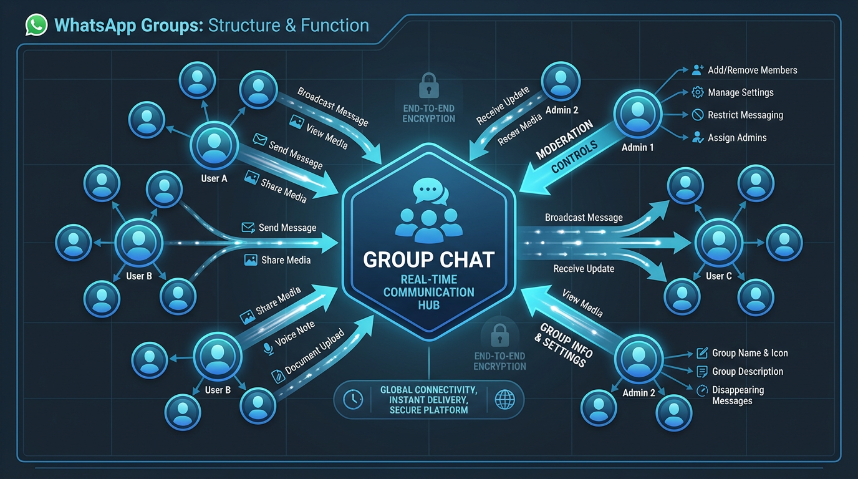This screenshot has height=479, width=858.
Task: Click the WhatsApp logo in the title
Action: (x=37, y=26)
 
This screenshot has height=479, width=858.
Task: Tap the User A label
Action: (x=214, y=178)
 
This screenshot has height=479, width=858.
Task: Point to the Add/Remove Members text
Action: (x=752, y=70)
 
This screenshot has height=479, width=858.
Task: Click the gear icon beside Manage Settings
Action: (x=698, y=92)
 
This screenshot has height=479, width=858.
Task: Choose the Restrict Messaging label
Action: (x=745, y=115)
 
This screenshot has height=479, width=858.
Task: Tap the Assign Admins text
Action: (x=737, y=137)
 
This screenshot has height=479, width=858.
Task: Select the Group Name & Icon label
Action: (x=750, y=353)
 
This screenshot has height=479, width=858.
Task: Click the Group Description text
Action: (x=748, y=371)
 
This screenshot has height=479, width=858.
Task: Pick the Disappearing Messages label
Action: (x=737, y=395)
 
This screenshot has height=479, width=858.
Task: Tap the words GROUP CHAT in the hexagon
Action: (x=428, y=259)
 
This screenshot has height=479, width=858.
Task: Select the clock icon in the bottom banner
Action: (x=354, y=400)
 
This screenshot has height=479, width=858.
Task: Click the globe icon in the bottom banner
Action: (x=504, y=400)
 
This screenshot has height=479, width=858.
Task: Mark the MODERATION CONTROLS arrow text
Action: (x=566, y=148)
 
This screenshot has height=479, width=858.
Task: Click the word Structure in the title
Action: (x=244, y=26)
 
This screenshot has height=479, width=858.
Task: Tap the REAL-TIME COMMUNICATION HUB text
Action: (x=428, y=291)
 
